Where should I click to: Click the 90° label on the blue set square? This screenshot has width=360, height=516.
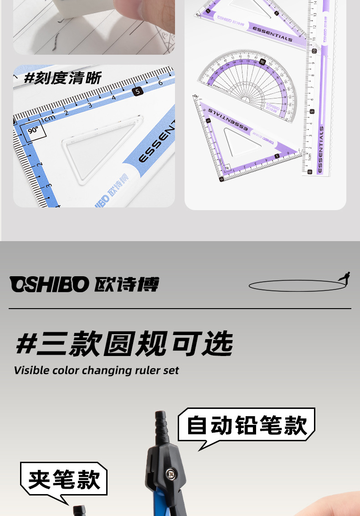[x=33, y=130]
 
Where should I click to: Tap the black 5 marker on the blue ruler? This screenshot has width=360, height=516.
[x=138, y=91]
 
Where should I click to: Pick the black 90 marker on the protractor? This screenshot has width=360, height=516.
[x=262, y=62]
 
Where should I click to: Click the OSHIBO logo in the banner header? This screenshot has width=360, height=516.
[x=49, y=285]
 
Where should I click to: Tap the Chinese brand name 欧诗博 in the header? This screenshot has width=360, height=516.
[x=127, y=285]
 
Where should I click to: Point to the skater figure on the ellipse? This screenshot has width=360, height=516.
[x=345, y=278]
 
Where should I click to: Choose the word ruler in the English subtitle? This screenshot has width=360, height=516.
[x=147, y=370]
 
